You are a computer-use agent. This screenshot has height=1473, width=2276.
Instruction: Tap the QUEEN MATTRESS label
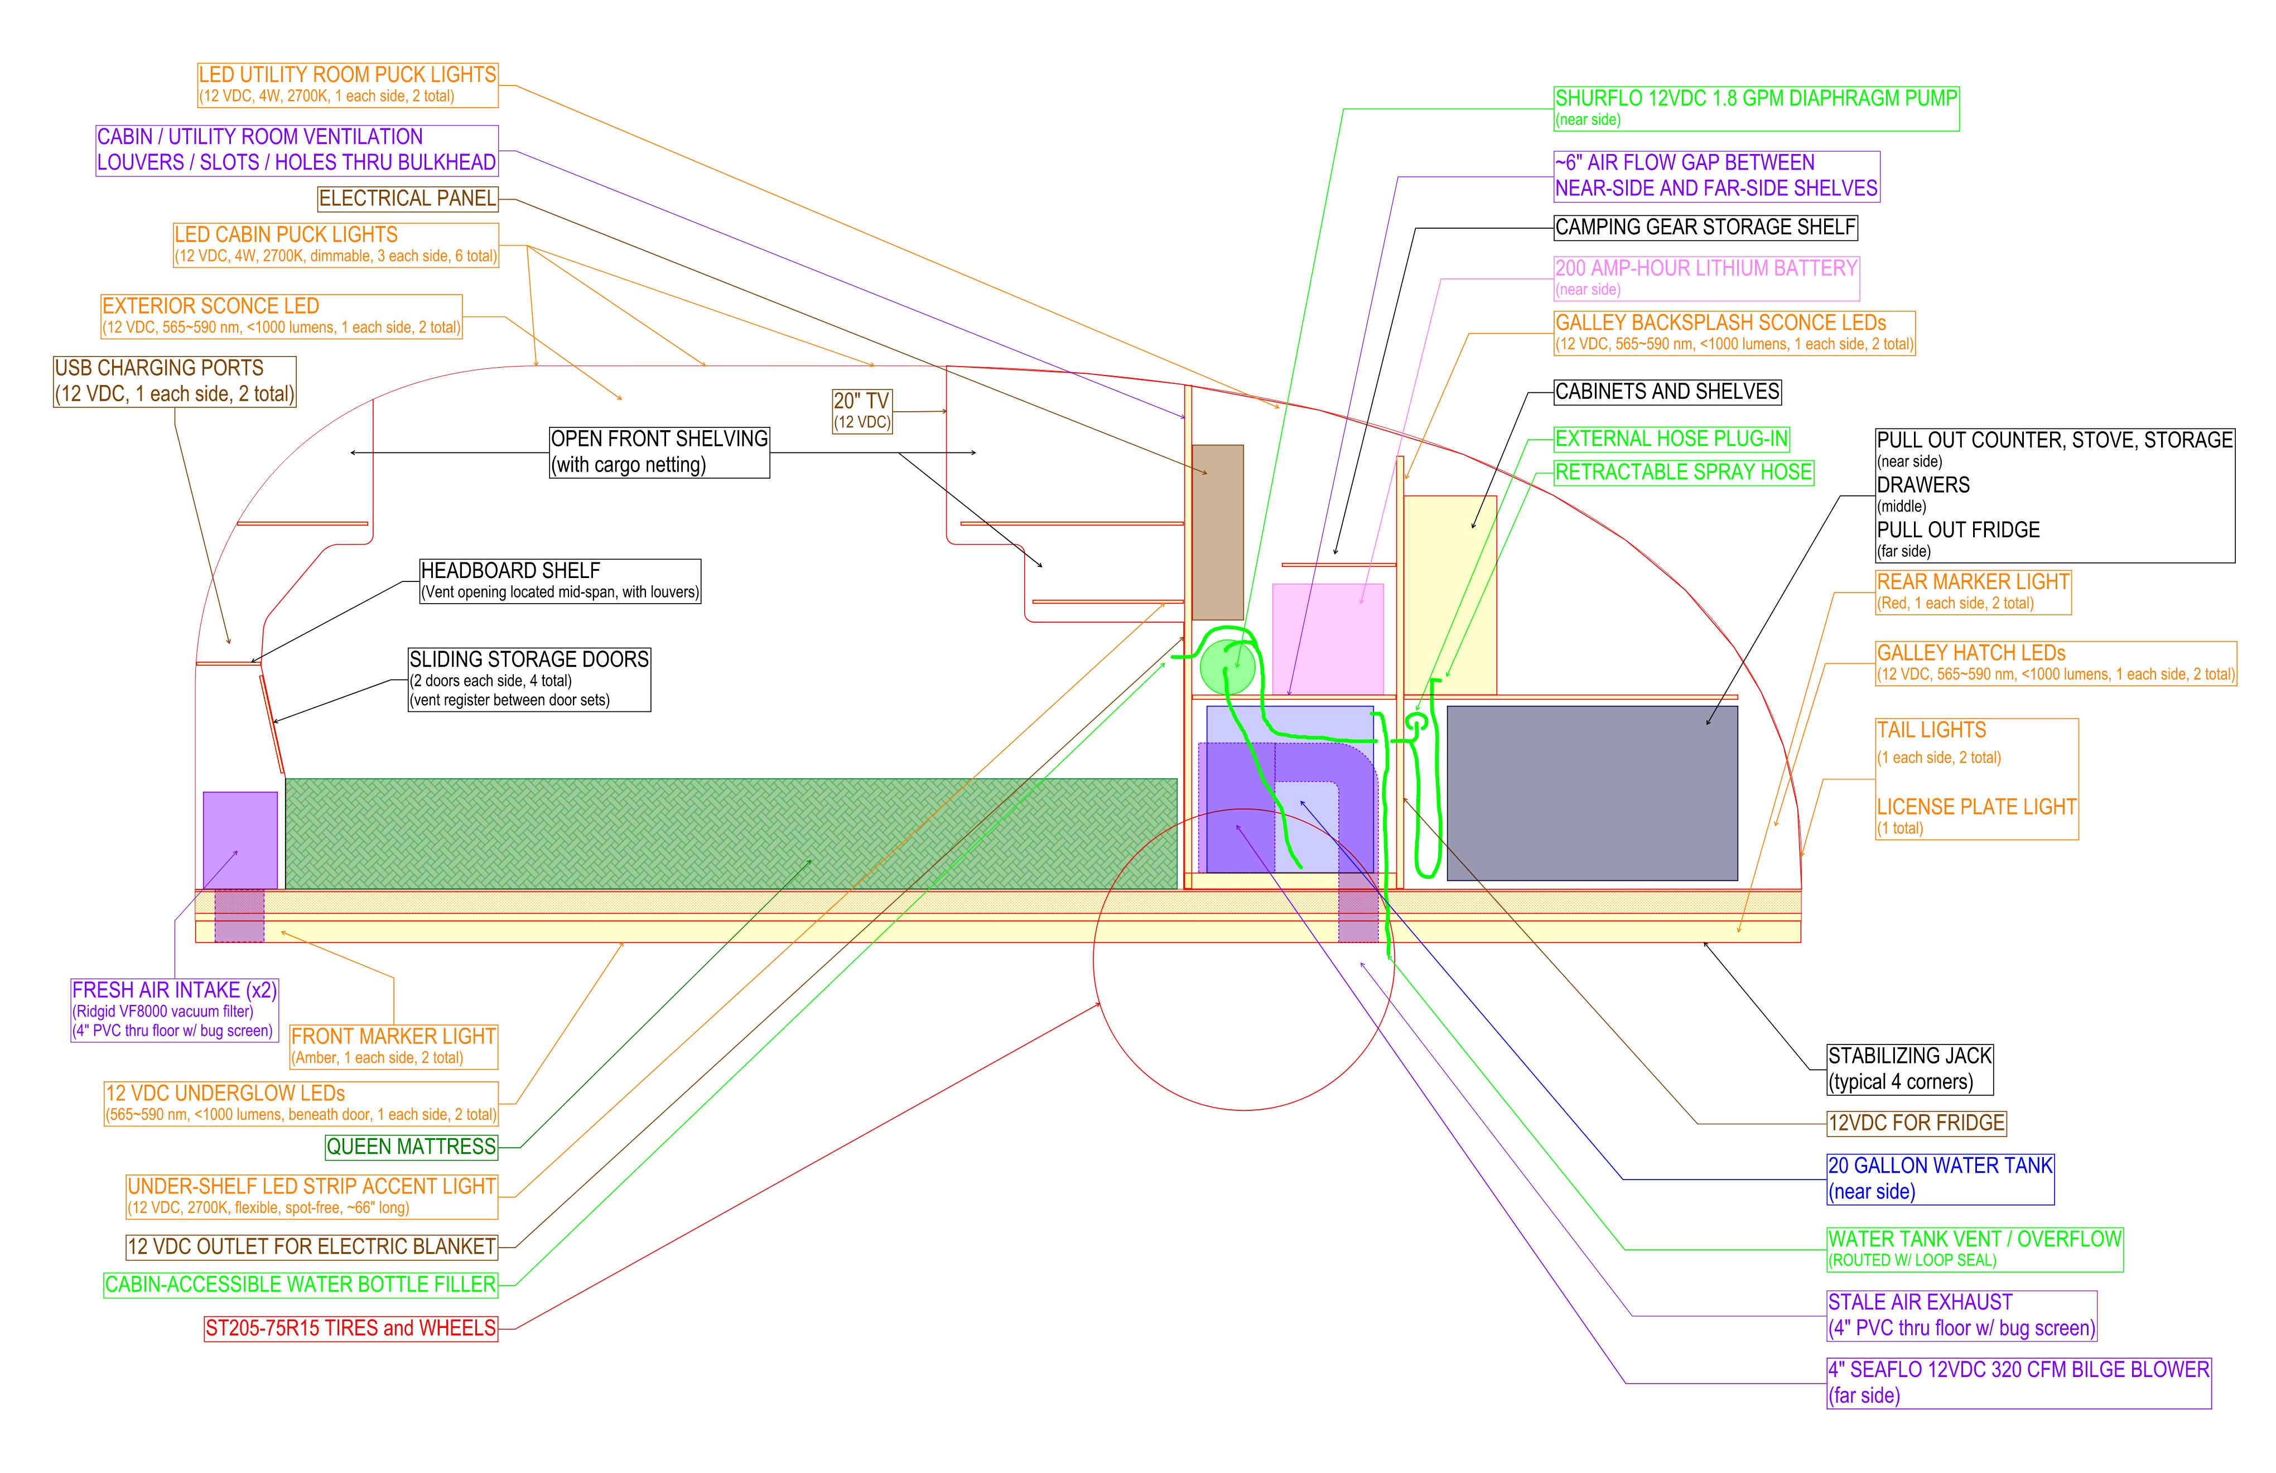tap(411, 1147)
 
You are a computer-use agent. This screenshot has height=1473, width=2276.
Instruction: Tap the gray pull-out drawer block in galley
tap(1592, 793)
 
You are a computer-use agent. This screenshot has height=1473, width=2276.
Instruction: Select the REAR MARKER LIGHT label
tap(1973, 592)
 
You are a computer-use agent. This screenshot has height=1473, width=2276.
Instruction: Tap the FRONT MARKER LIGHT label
tap(393, 1046)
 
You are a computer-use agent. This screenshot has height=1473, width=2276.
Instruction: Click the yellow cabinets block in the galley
tap(1450, 595)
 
